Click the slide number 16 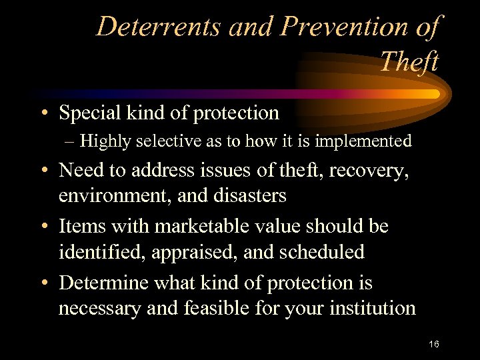(x=434, y=344)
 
